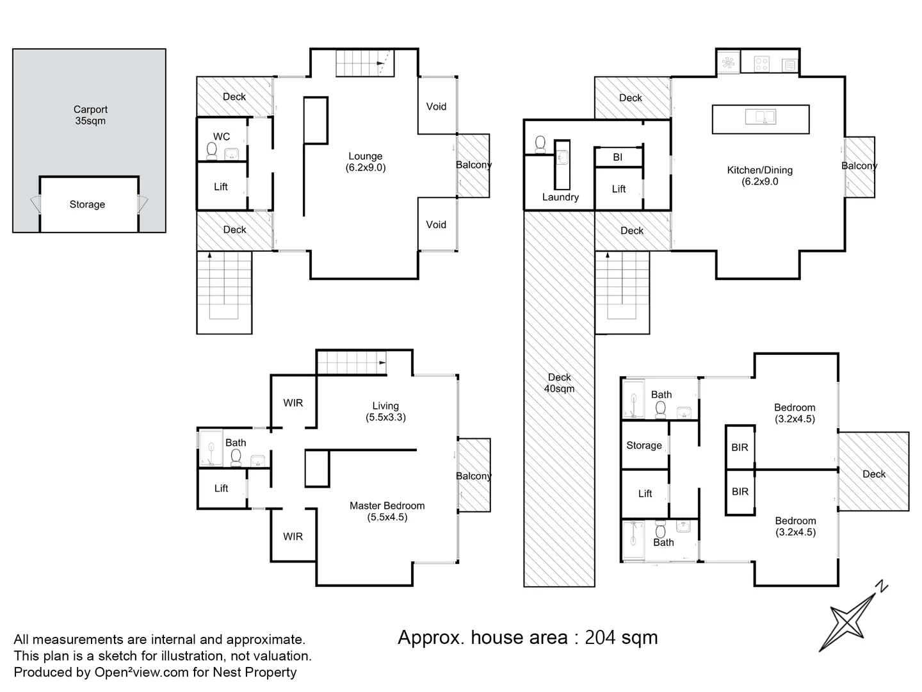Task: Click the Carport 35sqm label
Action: [90, 115]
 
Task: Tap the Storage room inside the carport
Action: [87, 204]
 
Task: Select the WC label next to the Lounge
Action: [222, 136]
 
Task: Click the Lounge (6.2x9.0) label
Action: [366, 162]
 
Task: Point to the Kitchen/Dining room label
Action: [760, 176]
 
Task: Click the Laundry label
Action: [560, 197]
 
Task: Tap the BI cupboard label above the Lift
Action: [618, 157]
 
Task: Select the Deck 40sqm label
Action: [559, 383]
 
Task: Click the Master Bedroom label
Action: [387, 511]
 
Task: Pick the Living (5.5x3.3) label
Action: [385, 411]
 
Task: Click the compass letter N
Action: [882, 586]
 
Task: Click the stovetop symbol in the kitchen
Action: [761, 63]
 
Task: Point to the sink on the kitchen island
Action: [761, 117]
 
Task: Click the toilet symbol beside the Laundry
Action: [540, 144]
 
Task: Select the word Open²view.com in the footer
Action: [141, 672]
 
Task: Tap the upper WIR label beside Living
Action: [293, 403]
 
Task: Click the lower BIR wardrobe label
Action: [740, 491]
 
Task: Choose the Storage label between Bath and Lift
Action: [644, 445]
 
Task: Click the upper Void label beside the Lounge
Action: [437, 106]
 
